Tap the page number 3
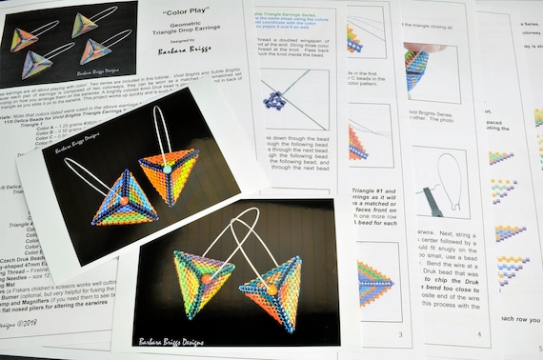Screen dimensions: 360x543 400,335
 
